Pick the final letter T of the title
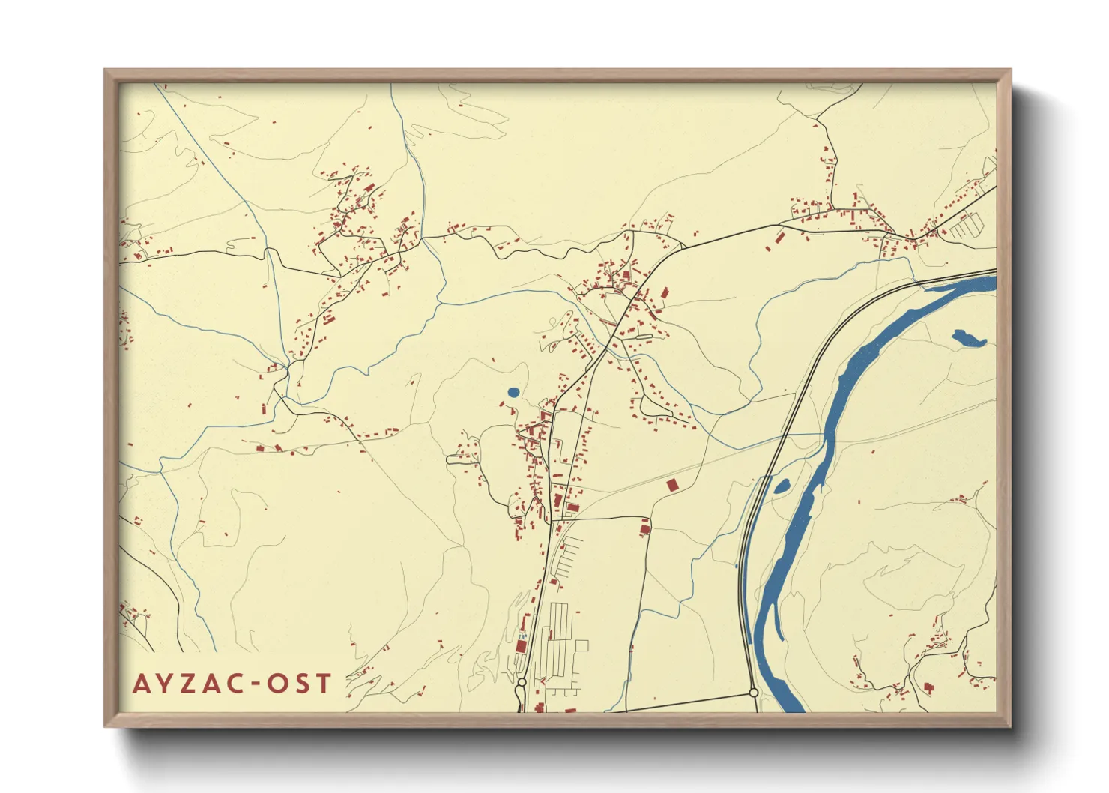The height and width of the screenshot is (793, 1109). [x=323, y=684]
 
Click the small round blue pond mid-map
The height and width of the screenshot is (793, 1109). [x=513, y=392]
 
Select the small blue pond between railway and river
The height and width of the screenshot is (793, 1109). [x=782, y=486]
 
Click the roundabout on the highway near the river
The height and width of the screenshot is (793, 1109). [x=754, y=693]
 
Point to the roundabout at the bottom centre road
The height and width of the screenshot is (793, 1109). [x=521, y=683]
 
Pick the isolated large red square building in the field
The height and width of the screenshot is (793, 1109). [x=672, y=486]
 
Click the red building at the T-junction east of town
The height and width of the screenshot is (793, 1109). [x=645, y=529]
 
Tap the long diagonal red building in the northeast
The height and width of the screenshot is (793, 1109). [x=779, y=238]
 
